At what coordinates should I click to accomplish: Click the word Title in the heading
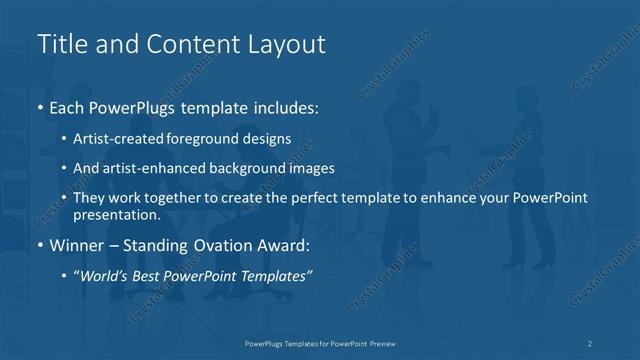[62, 45]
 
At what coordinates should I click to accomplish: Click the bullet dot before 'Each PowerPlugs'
[40, 105]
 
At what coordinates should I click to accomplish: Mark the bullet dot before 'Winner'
[40, 243]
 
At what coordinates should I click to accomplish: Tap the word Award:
[283, 243]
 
